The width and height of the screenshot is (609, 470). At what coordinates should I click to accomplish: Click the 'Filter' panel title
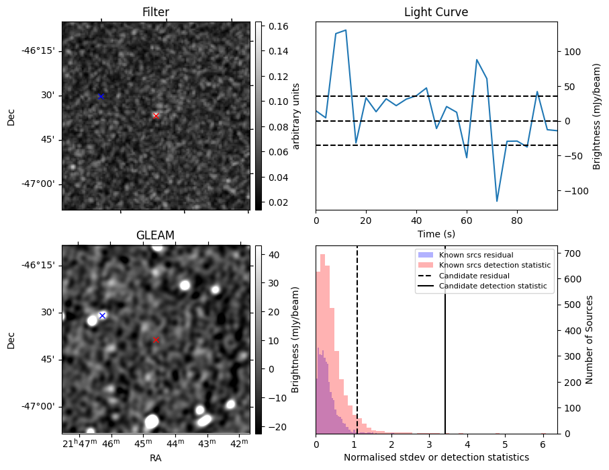coord(156,12)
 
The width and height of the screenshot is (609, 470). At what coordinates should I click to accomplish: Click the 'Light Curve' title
coord(436,12)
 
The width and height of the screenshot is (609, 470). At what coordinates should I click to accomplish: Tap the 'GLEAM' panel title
coord(155,235)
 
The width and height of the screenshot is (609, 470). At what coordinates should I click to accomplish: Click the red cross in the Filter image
coord(156,116)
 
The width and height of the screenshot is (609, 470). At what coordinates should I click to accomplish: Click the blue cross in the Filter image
coord(101,96)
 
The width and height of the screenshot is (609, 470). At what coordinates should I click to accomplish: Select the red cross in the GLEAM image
coord(156,340)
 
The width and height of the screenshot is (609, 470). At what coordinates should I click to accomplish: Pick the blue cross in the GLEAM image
coord(102,315)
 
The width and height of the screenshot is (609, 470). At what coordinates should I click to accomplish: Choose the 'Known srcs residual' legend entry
coord(475,255)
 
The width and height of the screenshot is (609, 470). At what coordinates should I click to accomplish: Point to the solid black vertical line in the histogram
coord(445,350)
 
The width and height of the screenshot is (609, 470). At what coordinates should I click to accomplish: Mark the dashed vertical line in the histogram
coord(357,350)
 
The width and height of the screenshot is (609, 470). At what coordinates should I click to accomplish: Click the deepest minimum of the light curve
coord(497,201)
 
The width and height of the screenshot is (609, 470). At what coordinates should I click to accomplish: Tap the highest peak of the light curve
coord(345,30)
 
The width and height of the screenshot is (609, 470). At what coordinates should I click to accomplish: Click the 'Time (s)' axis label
coord(436,234)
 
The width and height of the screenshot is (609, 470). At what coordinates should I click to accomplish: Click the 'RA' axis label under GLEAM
coord(155,458)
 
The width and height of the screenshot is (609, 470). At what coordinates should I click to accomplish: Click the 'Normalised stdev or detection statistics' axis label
coord(436,457)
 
